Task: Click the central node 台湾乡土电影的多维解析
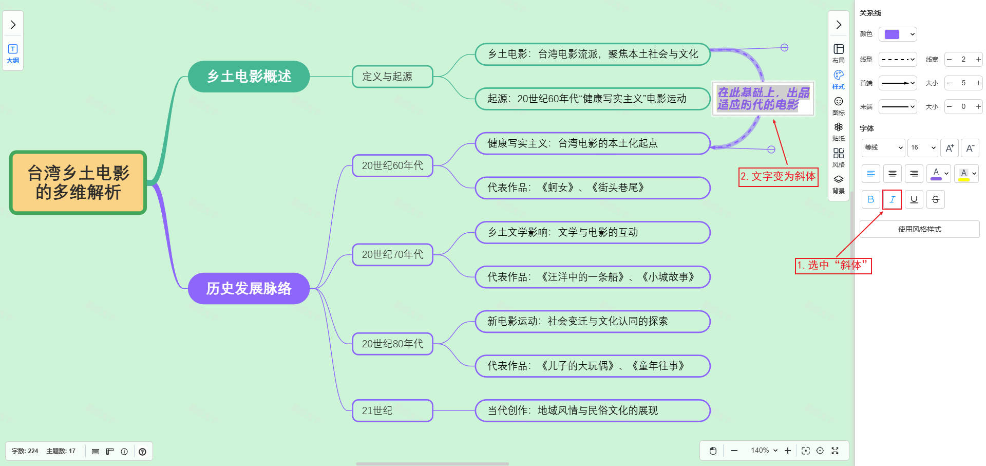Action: [x=78, y=182]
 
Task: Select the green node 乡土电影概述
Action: [x=249, y=77]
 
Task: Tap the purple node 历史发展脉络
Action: [x=249, y=288]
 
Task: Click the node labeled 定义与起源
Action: [x=392, y=77]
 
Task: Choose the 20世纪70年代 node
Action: [x=392, y=254]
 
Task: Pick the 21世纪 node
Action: [x=392, y=411]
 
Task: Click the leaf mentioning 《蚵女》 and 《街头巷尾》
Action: [x=592, y=188]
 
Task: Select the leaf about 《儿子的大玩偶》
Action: [x=592, y=366]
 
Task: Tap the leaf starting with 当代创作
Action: [x=592, y=411]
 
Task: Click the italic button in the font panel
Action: [x=892, y=199]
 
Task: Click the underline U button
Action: [x=914, y=199]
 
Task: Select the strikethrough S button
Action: [x=935, y=199]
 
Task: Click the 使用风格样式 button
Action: [x=919, y=229]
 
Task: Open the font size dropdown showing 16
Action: [x=923, y=147]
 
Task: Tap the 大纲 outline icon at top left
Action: [x=13, y=53]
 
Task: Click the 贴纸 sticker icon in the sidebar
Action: [x=838, y=131]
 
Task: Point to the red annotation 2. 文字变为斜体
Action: [x=778, y=177]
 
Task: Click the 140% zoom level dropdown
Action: [x=764, y=451]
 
